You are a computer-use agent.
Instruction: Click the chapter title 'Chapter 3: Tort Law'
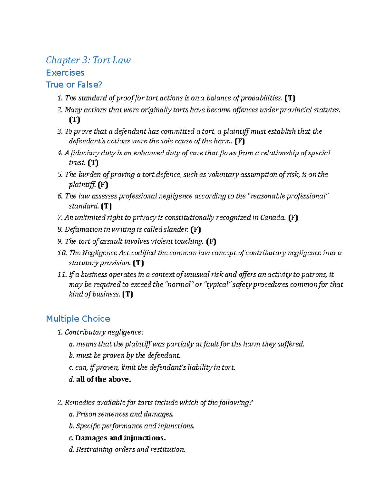(88, 60)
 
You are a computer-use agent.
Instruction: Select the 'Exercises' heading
(65, 73)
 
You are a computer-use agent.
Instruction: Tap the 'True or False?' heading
(74, 85)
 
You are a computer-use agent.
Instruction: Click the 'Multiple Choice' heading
(78, 319)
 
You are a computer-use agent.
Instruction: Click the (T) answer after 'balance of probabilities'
(290, 98)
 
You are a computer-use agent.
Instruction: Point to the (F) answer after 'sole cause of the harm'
(240, 141)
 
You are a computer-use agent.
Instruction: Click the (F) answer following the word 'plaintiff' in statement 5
(103, 185)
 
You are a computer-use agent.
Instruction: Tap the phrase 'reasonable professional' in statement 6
(288, 196)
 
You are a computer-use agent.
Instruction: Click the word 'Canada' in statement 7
(273, 217)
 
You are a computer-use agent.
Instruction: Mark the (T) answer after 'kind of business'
(127, 294)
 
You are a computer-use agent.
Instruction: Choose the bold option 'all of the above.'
(103, 379)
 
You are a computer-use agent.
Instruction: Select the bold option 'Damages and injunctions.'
(121, 438)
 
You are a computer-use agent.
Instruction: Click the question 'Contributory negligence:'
(104, 332)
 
